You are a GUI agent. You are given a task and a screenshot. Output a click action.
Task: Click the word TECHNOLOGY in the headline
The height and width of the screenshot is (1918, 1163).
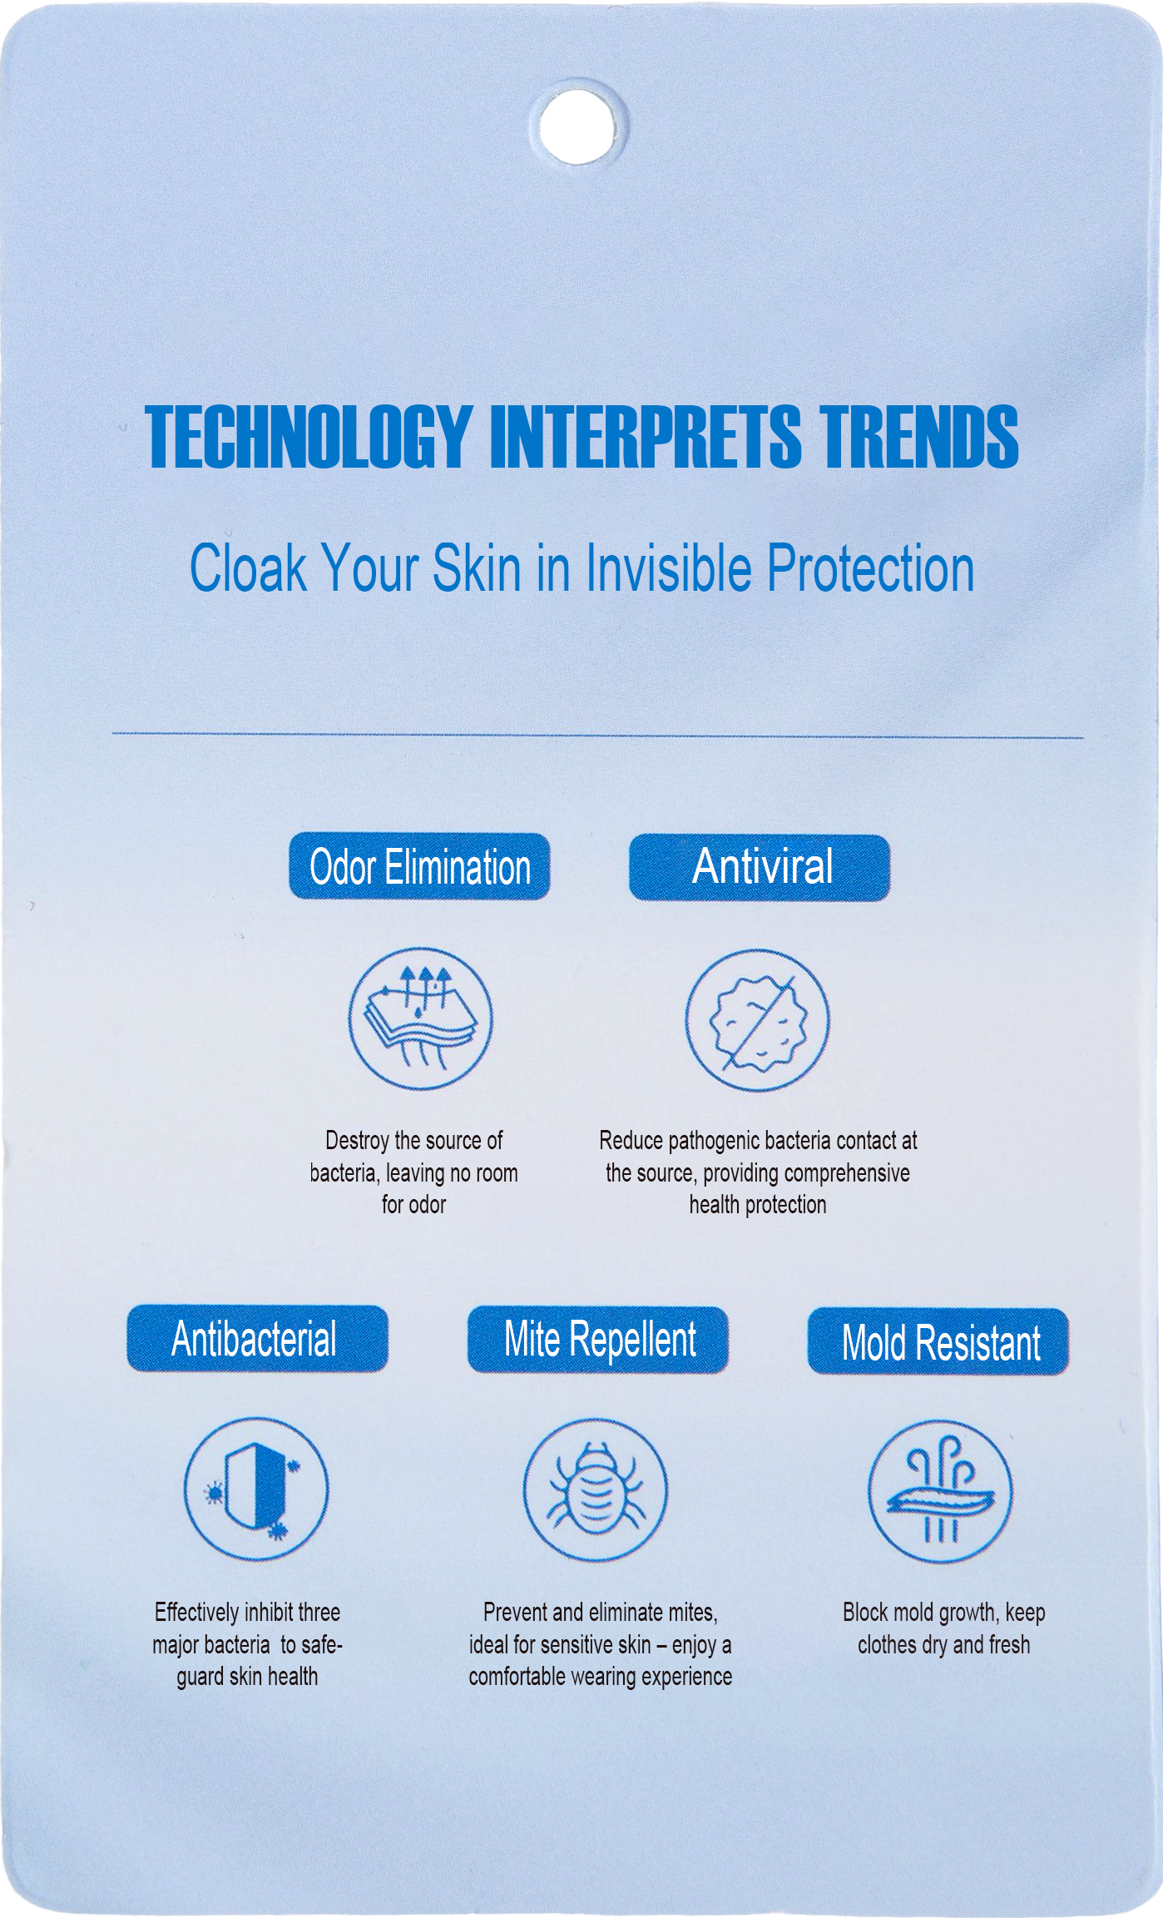pos(309,437)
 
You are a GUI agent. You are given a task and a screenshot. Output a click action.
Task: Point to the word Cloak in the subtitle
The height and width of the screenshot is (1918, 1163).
pos(248,569)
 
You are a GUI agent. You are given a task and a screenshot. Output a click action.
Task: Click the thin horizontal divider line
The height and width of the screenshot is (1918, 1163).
pos(597,736)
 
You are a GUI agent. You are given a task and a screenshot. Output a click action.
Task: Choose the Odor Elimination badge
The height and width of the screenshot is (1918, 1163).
pos(419,866)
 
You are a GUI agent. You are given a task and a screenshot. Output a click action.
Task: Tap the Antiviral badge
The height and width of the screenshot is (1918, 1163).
pos(759,867)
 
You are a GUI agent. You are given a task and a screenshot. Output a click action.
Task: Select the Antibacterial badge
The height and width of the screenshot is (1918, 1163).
pos(257,1339)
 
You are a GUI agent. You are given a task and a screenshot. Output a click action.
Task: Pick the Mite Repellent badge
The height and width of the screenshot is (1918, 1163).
pos(597,1340)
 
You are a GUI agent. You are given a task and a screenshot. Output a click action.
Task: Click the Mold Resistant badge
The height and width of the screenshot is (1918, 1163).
pos(938,1342)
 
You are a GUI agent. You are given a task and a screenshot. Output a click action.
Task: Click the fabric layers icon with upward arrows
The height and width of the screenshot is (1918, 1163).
pos(420,1019)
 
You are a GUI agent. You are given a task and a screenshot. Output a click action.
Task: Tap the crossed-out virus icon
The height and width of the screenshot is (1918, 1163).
pos(757,1020)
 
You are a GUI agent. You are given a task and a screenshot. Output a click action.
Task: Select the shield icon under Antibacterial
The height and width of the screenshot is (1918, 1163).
pos(256,1489)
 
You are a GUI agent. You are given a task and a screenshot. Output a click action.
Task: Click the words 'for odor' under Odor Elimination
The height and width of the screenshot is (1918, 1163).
pos(413,1205)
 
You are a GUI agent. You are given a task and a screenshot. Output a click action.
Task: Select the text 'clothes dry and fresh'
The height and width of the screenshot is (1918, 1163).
pos(943,1645)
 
